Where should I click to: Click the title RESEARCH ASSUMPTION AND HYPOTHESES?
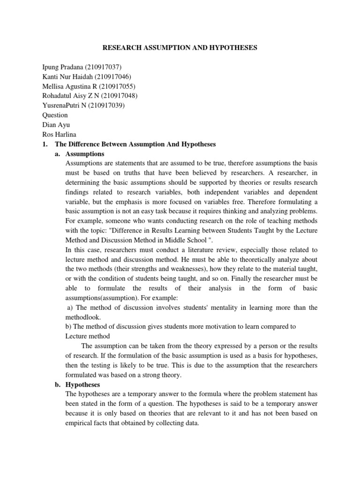point(180,48)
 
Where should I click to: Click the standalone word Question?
point(55,115)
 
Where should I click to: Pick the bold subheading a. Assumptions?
point(85,154)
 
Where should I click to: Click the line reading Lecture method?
point(88,336)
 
